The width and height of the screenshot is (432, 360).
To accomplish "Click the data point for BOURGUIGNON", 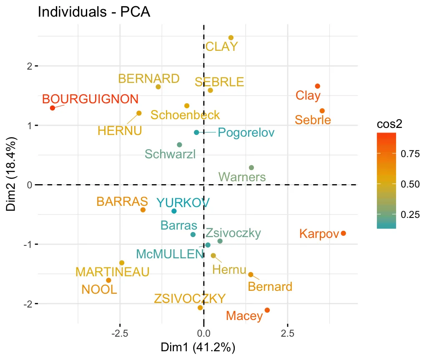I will pyautogui.click(x=53, y=108).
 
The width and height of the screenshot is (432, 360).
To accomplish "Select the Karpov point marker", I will pyautogui.click(x=343, y=233).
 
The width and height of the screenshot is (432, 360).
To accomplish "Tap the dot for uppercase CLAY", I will pyautogui.click(x=231, y=38).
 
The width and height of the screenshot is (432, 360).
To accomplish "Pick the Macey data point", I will pyautogui.click(x=267, y=310).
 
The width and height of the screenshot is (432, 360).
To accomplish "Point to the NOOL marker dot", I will pyautogui.click(x=108, y=280).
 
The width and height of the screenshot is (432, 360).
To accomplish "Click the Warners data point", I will pyautogui.click(x=251, y=167).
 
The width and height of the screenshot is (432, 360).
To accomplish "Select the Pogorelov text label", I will pyautogui.click(x=246, y=133).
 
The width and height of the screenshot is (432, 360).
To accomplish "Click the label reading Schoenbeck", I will pyautogui.click(x=185, y=115).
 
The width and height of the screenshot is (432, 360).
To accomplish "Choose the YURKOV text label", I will pyautogui.click(x=183, y=203).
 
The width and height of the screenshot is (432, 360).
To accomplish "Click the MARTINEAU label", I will pyautogui.click(x=113, y=272).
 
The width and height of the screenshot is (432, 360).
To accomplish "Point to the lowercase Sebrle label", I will pyautogui.click(x=313, y=120).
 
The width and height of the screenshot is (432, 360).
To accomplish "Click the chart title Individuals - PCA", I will pyautogui.click(x=94, y=12).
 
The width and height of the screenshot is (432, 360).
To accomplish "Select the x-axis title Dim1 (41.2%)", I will pyautogui.click(x=203, y=347).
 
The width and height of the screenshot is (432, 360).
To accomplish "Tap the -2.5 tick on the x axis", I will pyautogui.click(x=120, y=333).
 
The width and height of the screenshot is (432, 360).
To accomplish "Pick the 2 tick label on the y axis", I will pyautogui.click(x=30, y=66).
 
